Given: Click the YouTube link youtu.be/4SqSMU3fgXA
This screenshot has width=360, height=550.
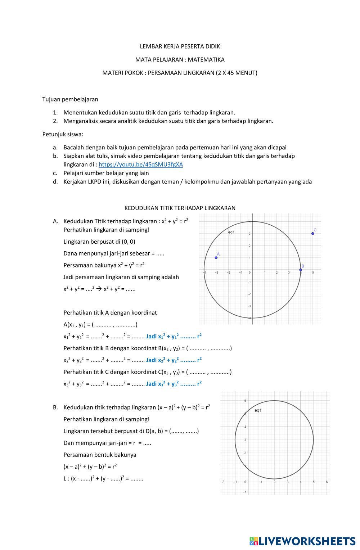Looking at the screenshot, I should (141, 164).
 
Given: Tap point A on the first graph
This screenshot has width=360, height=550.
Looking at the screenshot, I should (216, 257).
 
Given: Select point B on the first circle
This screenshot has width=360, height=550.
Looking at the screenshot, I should (301, 270).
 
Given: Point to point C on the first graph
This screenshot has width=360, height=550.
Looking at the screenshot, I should (313, 234).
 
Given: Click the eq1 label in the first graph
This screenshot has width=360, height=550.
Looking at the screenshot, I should (231, 232).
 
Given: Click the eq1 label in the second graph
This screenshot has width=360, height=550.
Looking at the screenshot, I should (258, 410).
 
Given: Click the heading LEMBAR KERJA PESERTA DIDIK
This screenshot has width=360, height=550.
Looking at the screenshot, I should (180, 46).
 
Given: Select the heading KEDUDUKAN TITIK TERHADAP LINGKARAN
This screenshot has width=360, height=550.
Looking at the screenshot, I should (180, 208).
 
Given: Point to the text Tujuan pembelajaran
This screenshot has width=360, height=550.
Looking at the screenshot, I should (70, 99).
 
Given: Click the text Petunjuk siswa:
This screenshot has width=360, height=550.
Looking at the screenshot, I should (63, 134).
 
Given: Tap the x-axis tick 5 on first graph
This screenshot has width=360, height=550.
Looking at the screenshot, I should (313, 273).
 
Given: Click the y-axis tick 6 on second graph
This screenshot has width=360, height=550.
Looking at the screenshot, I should (245, 401).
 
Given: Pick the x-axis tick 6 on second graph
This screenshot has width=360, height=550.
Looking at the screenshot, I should (327, 482).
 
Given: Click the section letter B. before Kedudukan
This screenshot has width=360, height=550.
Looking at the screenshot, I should (55, 407).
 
